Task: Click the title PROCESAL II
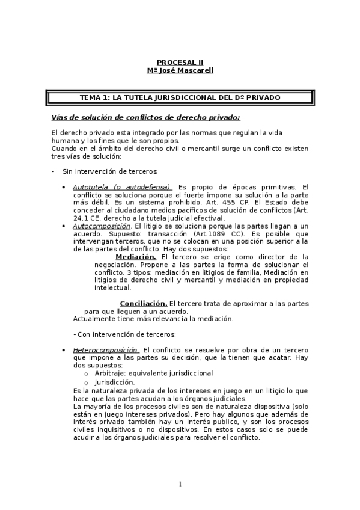[180, 62]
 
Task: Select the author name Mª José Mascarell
[180, 70]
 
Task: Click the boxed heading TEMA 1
[180, 97]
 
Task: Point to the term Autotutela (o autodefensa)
[122, 187]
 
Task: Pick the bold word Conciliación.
[143, 303]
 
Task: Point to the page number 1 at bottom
[180, 484]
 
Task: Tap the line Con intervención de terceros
[124, 334]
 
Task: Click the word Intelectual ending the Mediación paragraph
[112, 288]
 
